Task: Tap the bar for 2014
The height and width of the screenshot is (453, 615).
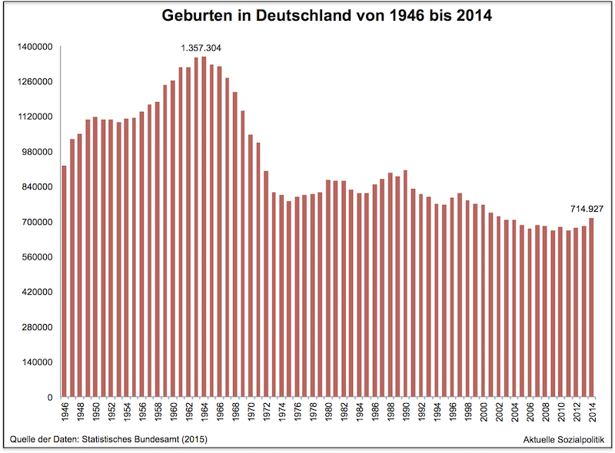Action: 591,307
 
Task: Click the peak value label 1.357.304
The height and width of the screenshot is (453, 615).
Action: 201,48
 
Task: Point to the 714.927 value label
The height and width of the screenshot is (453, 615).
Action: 586,208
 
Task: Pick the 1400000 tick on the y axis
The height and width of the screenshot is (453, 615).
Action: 34,47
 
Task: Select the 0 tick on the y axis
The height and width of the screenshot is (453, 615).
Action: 48,397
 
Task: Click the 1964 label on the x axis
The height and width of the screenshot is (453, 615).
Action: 204,411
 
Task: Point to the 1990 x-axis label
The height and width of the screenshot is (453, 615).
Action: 405,411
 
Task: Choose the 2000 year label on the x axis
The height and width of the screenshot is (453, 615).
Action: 483,411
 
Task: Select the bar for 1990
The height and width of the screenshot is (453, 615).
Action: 405,283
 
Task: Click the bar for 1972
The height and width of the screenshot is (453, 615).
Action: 266,283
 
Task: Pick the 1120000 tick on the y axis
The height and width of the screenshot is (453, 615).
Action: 34,117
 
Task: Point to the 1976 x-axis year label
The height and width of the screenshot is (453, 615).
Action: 297,411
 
